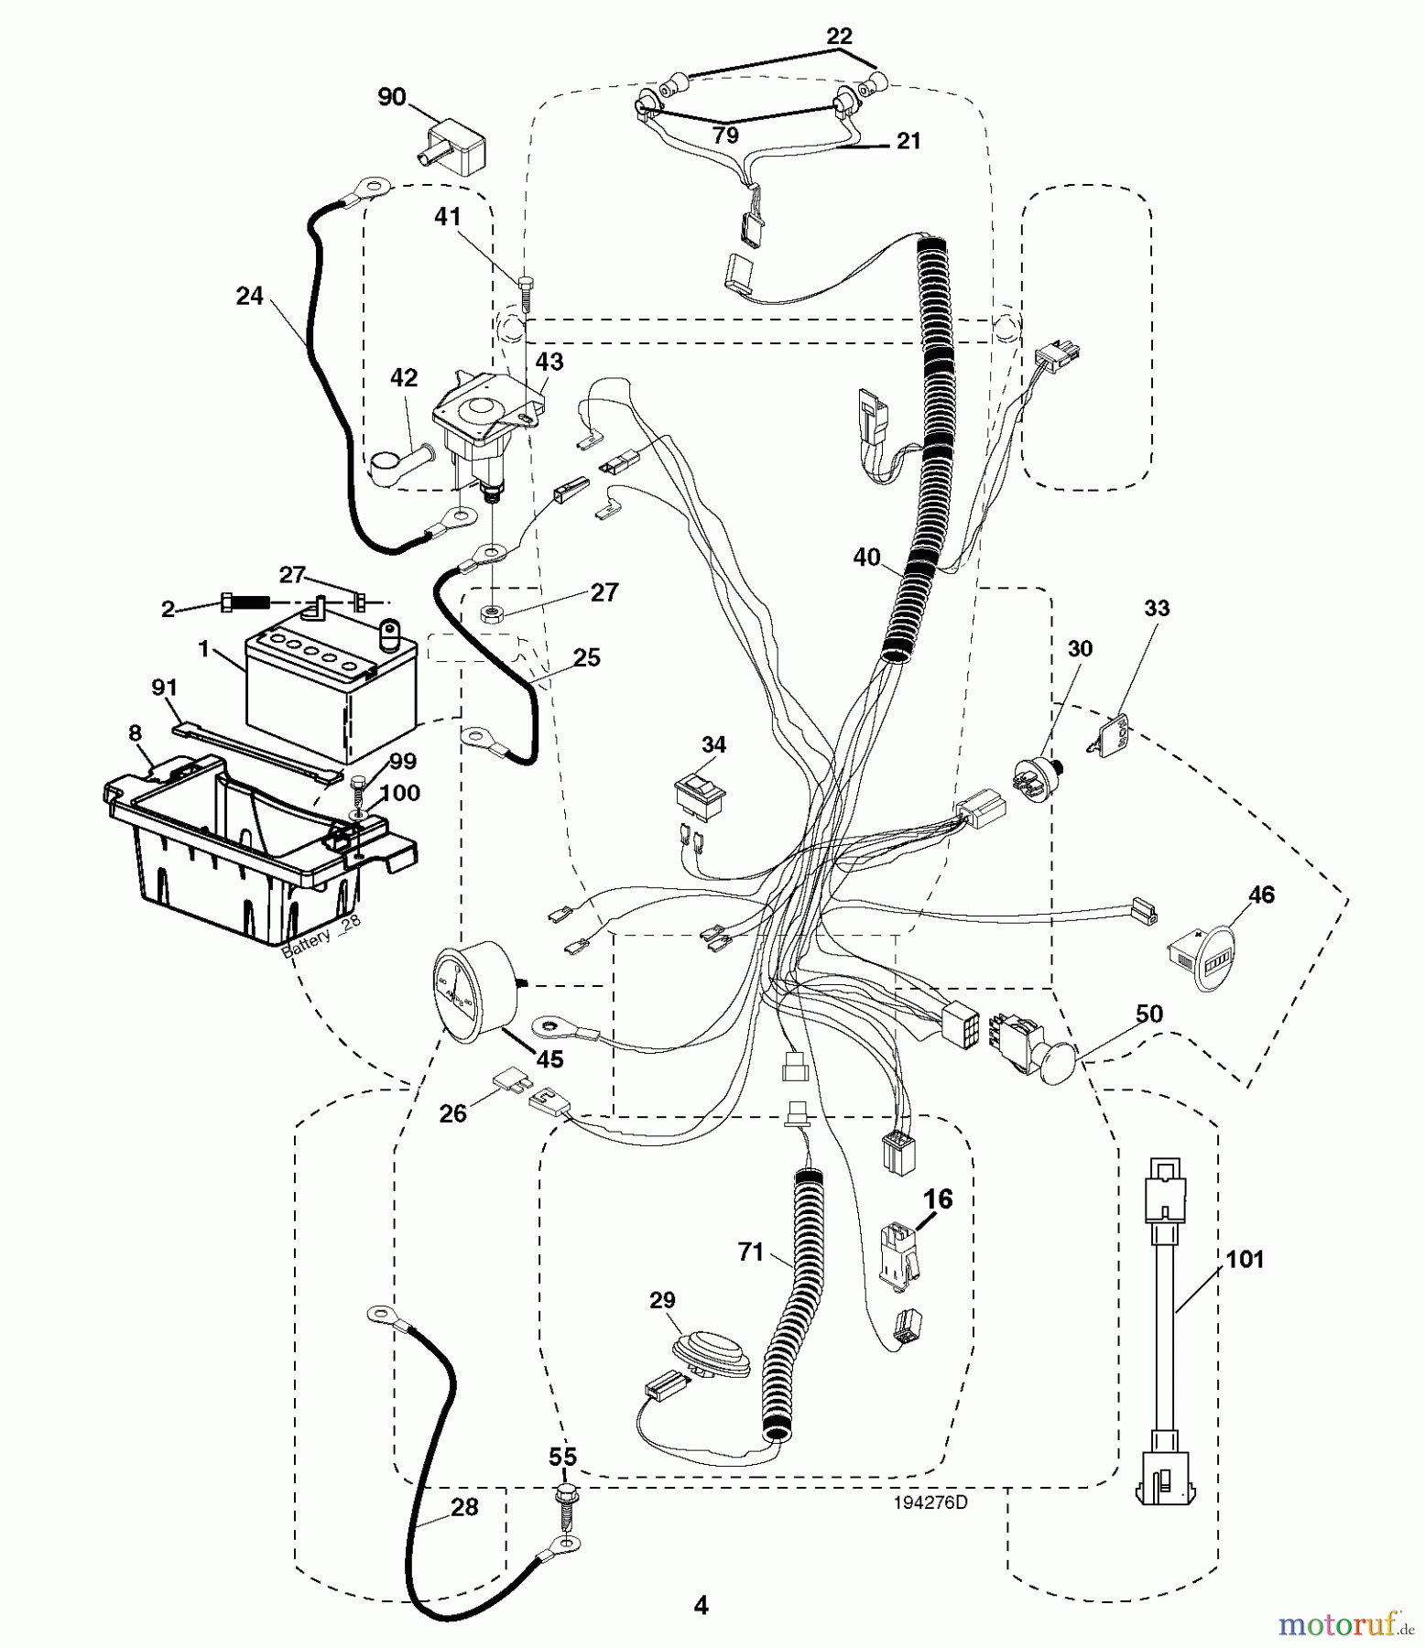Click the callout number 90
coord(391,97)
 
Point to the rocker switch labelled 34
coord(701,790)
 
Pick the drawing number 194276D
coord(930,1502)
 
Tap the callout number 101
coord(1245,1260)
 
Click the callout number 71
coord(750,1252)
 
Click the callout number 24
coord(249,296)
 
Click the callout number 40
coord(866,557)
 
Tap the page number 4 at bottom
coord(702,1605)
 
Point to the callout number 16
coord(938,1198)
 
